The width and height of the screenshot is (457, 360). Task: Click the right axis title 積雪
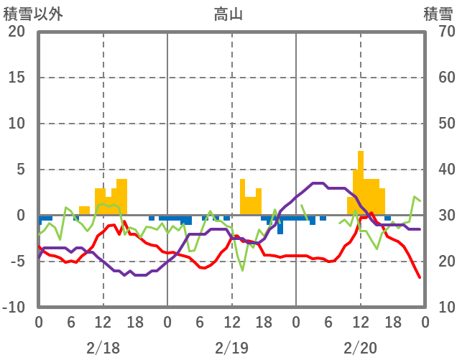coord(438,14)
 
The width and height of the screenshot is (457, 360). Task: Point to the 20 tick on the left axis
coord(17,32)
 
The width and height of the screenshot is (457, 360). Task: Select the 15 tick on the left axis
coord(17,78)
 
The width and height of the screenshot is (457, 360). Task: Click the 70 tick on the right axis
coord(439,32)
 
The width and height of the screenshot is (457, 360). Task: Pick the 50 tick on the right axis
coord(439,124)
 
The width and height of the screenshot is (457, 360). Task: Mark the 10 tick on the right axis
coord(439,308)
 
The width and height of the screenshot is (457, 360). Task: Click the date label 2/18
coord(103,348)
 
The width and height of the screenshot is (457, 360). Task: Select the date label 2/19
coord(231,348)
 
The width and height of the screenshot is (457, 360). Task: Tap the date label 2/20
coord(360,348)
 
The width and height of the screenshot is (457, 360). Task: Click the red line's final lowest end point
coord(420,277)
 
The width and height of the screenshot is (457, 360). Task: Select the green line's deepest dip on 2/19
coord(243,270)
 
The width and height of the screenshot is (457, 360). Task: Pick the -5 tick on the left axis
coord(17,262)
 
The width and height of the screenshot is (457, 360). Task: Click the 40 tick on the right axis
coord(439,170)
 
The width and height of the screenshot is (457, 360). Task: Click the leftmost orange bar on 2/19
coord(242,196)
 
